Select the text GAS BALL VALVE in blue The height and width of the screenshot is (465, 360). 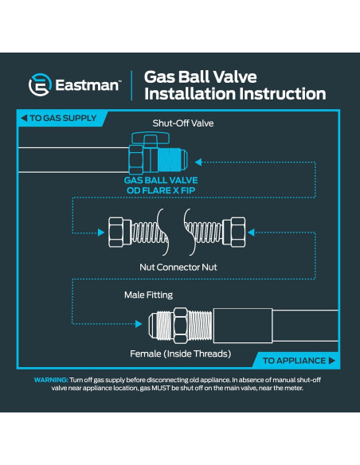[x=161, y=181]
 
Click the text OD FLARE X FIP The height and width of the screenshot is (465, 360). [x=161, y=190]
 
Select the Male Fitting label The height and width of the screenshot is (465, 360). [x=149, y=295]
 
